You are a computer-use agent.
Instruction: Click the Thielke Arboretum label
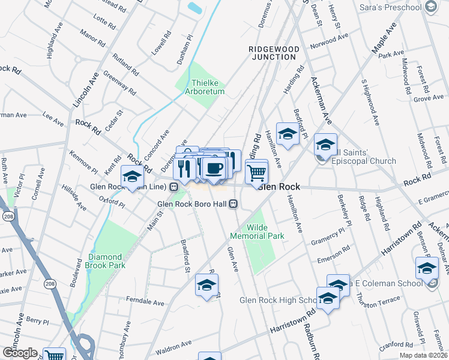(x=207, y=87)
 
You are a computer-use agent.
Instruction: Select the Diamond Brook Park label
(x=106, y=260)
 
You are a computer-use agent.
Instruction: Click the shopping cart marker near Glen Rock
(x=256, y=173)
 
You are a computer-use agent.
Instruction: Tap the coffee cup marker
(x=214, y=168)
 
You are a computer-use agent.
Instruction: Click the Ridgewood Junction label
(x=273, y=52)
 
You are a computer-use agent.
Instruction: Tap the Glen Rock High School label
(x=277, y=300)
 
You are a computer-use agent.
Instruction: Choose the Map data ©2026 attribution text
(x=423, y=355)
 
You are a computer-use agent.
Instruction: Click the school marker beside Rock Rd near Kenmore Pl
(x=132, y=177)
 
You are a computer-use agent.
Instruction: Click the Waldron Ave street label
(x=173, y=346)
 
